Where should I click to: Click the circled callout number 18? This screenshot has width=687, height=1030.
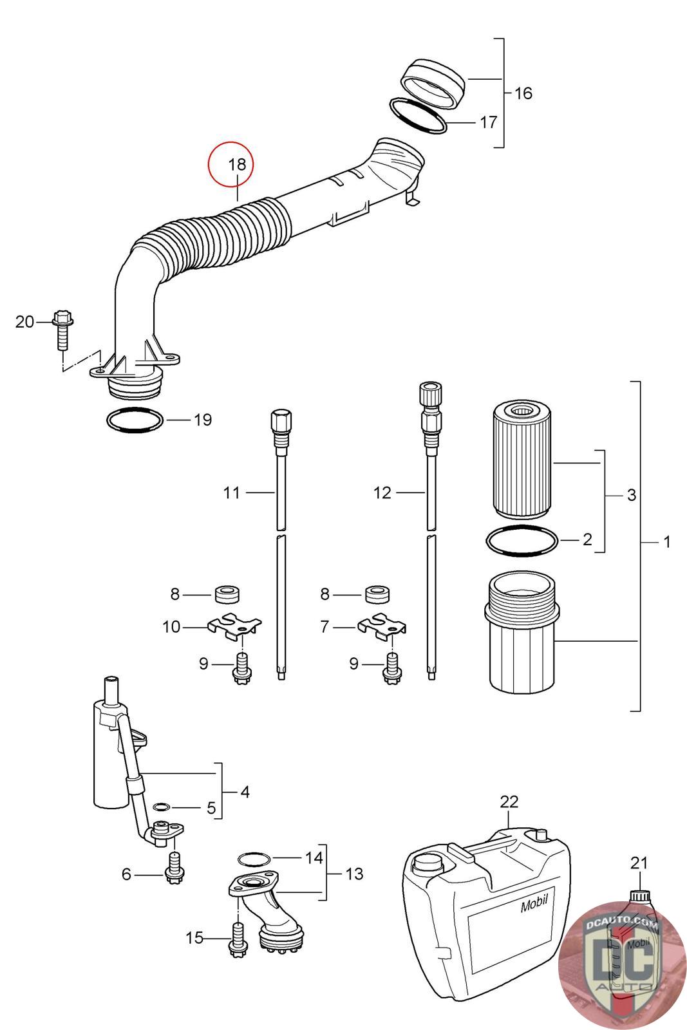[x=238, y=164]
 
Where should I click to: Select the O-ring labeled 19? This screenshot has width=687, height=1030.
[x=135, y=420]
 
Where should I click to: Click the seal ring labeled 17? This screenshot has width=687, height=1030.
[x=417, y=116]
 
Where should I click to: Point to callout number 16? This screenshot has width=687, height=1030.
[x=523, y=93]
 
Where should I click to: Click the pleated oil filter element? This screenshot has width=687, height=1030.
[x=522, y=459]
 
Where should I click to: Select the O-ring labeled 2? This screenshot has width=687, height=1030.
[x=522, y=541]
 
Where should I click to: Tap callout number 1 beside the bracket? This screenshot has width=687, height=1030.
[x=667, y=542]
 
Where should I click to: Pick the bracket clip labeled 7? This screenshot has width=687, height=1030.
[x=382, y=627]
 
